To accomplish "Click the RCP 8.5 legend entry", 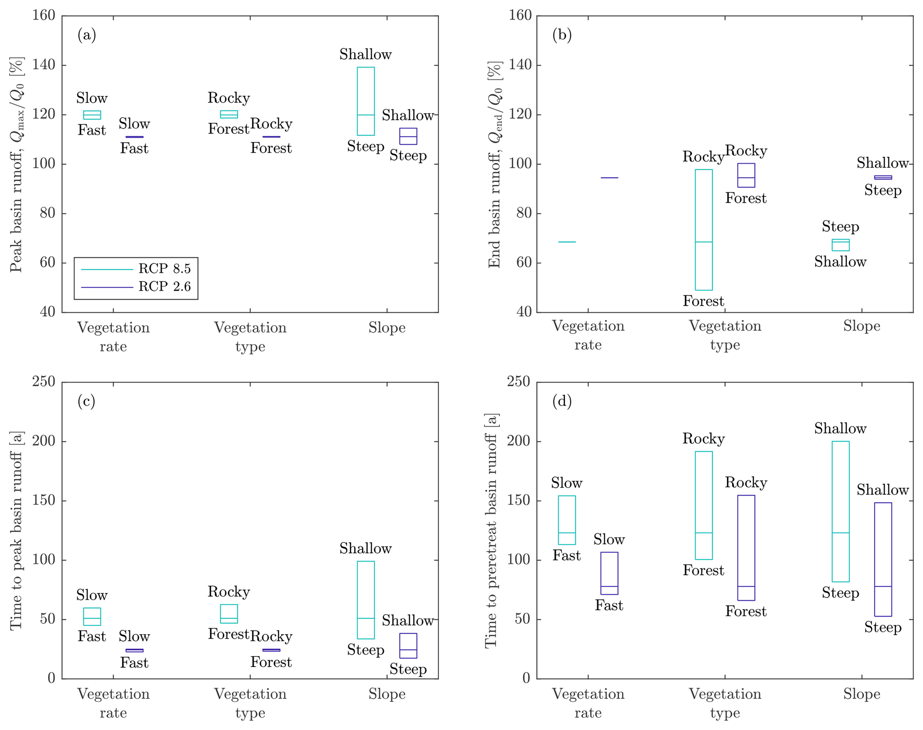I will point(164,269).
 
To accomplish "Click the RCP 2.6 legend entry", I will point(164,287).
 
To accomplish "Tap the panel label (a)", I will point(87,35).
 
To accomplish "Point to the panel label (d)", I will point(562,401).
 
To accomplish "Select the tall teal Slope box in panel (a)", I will point(366,101).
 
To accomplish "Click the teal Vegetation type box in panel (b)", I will point(704,229).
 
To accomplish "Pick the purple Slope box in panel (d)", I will point(883,559).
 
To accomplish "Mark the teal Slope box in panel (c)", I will point(366,600).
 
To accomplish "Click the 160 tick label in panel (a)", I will point(44,16).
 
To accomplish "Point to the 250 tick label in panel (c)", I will point(44,382).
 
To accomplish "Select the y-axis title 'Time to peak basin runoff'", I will point(16,531).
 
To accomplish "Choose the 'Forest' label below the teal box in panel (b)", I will point(703,301).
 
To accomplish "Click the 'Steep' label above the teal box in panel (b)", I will point(840,227).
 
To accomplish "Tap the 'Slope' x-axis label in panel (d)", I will point(861,694).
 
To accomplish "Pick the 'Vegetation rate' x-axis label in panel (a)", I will point(113,337).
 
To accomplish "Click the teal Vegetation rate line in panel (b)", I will point(567,242).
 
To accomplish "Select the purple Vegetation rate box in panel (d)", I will point(609,573).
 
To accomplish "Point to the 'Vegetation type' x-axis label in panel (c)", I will point(250,703).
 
